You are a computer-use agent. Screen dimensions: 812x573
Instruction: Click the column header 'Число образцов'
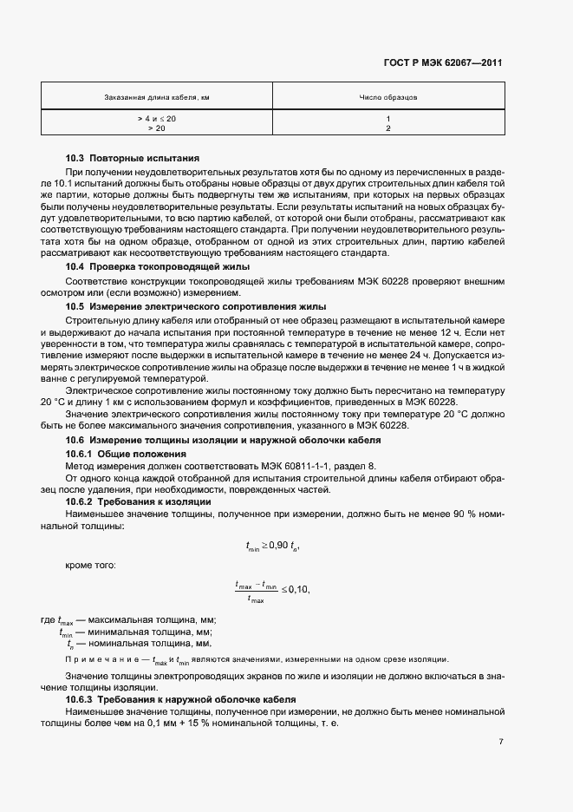coord(388,98)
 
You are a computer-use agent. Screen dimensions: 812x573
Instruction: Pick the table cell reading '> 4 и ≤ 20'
coord(157,118)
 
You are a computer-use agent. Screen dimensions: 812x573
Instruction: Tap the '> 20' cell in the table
coord(157,128)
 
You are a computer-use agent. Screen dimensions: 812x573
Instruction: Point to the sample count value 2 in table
coord(388,128)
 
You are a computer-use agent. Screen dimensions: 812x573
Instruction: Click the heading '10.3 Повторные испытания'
coord(133,159)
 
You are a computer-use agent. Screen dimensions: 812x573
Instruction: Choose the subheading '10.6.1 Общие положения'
coord(127,454)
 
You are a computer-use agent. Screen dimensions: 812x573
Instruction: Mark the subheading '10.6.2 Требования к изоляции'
coord(138,502)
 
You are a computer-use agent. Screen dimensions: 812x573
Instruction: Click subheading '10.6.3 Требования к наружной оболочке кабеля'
coord(181,699)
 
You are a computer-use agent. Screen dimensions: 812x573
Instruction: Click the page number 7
coord(501,742)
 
